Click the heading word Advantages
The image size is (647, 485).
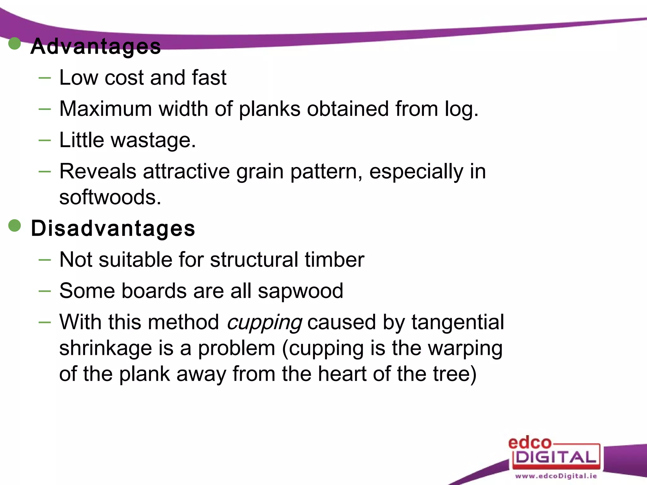click(x=96, y=46)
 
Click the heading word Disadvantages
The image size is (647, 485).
click(x=113, y=228)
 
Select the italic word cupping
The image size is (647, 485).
click(x=264, y=323)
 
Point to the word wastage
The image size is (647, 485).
click(x=153, y=140)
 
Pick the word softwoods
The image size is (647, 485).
click(x=110, y=197)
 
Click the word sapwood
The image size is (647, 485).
click(x=300, y=291)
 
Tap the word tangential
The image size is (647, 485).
click(x=457, y=323)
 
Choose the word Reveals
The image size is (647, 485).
click(x=98, y=171)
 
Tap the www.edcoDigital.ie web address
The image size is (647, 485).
click(x=556, y=476)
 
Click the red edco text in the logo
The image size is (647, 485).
click(x=529, y=443)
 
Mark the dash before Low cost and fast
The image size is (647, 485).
click(x=45, y=77)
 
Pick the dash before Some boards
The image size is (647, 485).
click(x=45, y=291)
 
